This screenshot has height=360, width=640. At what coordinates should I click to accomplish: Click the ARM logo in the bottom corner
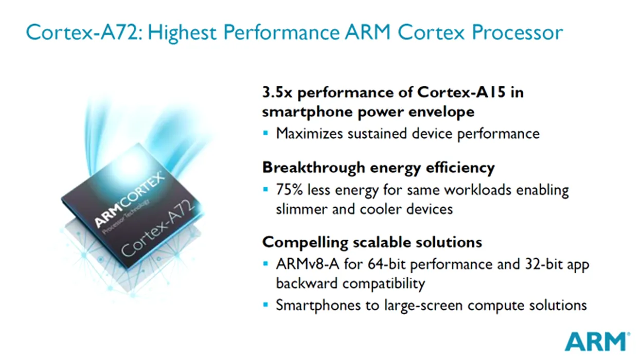click(x=598, y=341)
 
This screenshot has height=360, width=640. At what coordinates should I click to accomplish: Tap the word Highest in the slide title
click(x=182, y=32)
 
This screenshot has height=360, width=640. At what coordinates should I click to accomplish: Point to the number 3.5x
click(x=277, y=92)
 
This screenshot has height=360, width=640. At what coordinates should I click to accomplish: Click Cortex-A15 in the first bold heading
click(x=461, y=92)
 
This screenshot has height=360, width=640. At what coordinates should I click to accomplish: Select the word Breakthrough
click(x=313, y=168)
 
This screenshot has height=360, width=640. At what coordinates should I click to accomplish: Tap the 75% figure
click(x=289, y=190)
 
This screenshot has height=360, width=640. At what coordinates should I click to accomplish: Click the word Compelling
click(x=305, y=243)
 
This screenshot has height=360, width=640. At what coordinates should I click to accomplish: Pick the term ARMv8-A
click(x=308, y=264)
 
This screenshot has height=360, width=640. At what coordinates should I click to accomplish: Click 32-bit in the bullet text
click(x=544, y=264)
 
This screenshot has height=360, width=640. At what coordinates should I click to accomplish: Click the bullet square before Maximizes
click(x=265, y=133)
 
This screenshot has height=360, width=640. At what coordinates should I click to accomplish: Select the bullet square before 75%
click(x=265, y=189)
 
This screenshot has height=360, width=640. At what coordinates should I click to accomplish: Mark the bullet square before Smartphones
click(x=265, y=304)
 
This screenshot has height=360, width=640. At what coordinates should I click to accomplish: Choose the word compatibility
click(x=383, y=284)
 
